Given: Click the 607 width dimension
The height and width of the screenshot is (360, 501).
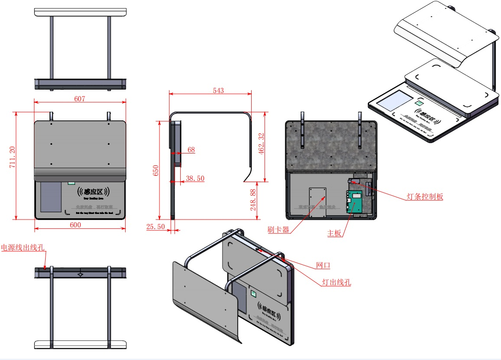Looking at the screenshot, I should coord(80,99).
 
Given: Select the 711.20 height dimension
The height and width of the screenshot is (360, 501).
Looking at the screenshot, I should coord(12,157).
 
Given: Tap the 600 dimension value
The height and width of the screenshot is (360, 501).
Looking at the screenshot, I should coord(75,225).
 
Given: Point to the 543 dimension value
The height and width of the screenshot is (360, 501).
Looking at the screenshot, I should coord(219,90).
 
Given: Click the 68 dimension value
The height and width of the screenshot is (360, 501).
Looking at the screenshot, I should coord(191,150).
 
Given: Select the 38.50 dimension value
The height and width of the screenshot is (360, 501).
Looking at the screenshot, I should coord(195,178).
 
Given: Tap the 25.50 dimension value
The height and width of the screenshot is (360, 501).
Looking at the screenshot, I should coord(156,227).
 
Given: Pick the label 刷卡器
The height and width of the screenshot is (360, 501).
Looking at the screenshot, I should coord(279,230).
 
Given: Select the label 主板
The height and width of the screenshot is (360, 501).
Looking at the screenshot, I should coord(334,233).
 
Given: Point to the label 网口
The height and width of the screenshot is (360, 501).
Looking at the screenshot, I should coord(322,265).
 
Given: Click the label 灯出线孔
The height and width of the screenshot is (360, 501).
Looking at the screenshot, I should coord(336,282).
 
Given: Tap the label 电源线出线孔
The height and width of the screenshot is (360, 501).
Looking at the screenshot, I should coord(23,247).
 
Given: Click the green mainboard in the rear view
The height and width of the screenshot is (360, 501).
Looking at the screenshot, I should coord(355,202).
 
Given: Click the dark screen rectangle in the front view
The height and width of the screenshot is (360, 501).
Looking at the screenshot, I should coord(51,197).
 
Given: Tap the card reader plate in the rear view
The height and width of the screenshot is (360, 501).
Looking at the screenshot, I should coord(318,202).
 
